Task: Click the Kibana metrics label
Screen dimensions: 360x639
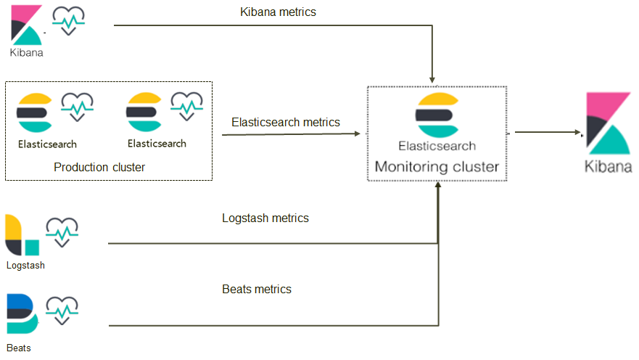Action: [x=278, y=12]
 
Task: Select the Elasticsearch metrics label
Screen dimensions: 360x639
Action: [x=285, y=123]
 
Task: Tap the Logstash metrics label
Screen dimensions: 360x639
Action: [x=265, y=218]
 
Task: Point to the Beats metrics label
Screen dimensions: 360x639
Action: [x=256, y=290]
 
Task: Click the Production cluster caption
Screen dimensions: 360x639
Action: [x=99, y=168]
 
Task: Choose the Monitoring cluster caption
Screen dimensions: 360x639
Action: [x=437, y=167]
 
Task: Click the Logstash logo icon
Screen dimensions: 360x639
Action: [x=22, y=235]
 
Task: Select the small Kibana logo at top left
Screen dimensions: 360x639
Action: [x=27, y=25]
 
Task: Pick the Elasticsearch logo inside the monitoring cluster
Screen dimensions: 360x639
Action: [x=437, y=116]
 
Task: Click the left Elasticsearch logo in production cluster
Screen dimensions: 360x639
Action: [x=34, y=115]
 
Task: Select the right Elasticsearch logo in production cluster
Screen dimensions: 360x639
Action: [x=144, y=115]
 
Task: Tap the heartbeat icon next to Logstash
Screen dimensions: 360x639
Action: [x=62, y=232]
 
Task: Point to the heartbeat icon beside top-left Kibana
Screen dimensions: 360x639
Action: [x=68, y=21]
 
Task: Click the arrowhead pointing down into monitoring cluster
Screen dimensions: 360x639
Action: [x=433, y=78]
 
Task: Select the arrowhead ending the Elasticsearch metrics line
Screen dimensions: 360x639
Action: [x=357, y=134]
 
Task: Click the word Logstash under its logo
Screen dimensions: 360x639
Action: [x=25, y=266]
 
